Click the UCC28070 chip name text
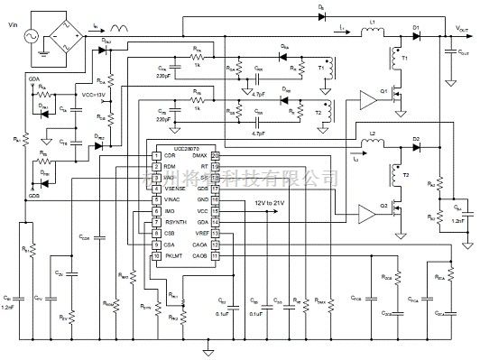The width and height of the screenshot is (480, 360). [180, 146]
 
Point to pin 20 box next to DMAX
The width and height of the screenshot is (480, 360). [217, 155]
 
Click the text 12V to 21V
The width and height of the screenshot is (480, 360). [272, 203]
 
